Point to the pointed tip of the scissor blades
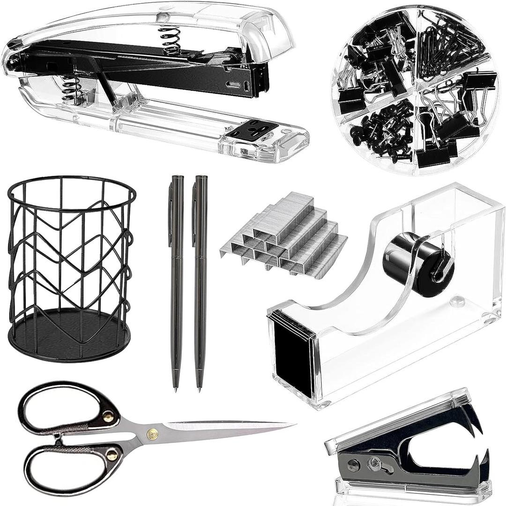click(x=293, y=425)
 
